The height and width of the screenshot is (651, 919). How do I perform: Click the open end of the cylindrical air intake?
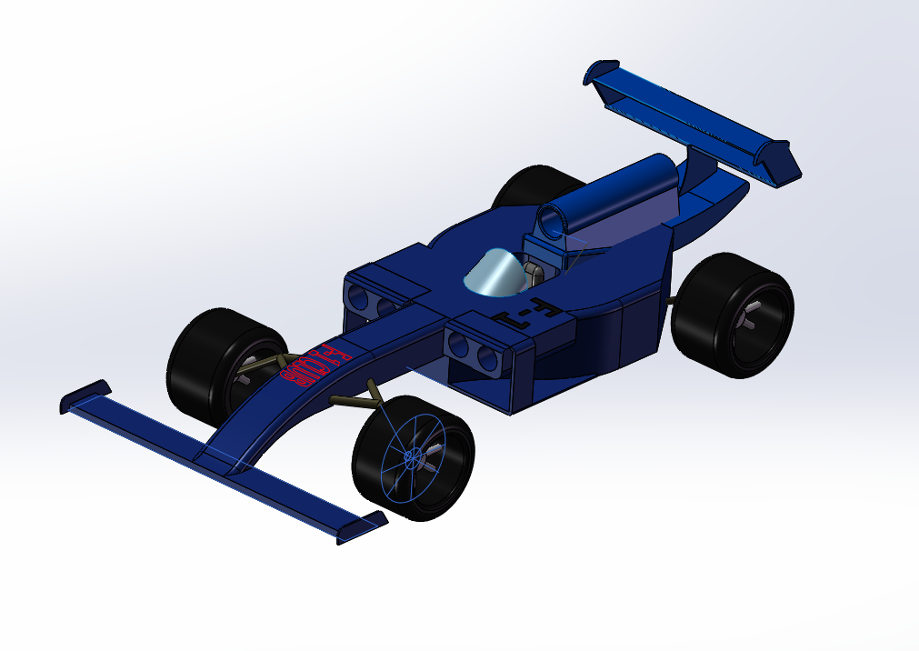click(552, 221)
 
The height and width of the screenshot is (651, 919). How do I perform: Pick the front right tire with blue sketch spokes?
click(414, 458)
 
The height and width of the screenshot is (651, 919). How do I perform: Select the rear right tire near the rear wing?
click(733, 314)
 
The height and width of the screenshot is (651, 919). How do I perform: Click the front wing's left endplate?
click(85, 395)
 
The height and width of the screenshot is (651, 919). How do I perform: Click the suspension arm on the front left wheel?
click(265, 365)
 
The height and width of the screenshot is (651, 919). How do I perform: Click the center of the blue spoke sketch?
click(411, 456)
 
